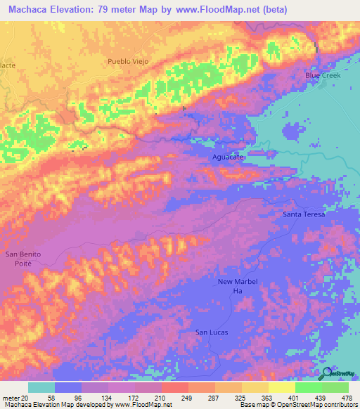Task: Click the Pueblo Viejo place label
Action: tap(127, 62)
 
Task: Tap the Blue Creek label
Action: tap(321, 75)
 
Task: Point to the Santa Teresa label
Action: tap(304, 214)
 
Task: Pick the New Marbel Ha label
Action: tap(234, 286)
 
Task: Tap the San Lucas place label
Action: tap(212, 332)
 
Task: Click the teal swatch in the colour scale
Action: tap(41, 387)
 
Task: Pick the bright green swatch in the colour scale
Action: tap(308, 387)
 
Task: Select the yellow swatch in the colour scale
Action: tap(281, 387)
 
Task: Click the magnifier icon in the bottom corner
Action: tap(327, 374)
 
